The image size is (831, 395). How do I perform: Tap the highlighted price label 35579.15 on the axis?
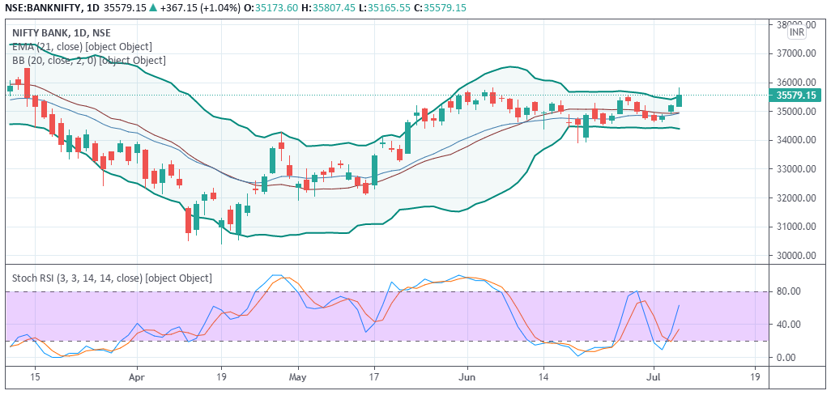795,95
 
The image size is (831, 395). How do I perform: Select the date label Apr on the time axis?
136,377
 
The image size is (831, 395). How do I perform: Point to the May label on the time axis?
298,377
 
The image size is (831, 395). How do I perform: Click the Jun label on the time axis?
466,377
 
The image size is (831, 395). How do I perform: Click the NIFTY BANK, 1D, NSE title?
62,33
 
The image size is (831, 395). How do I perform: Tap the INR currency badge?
797,32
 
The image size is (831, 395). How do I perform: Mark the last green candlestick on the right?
680,100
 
